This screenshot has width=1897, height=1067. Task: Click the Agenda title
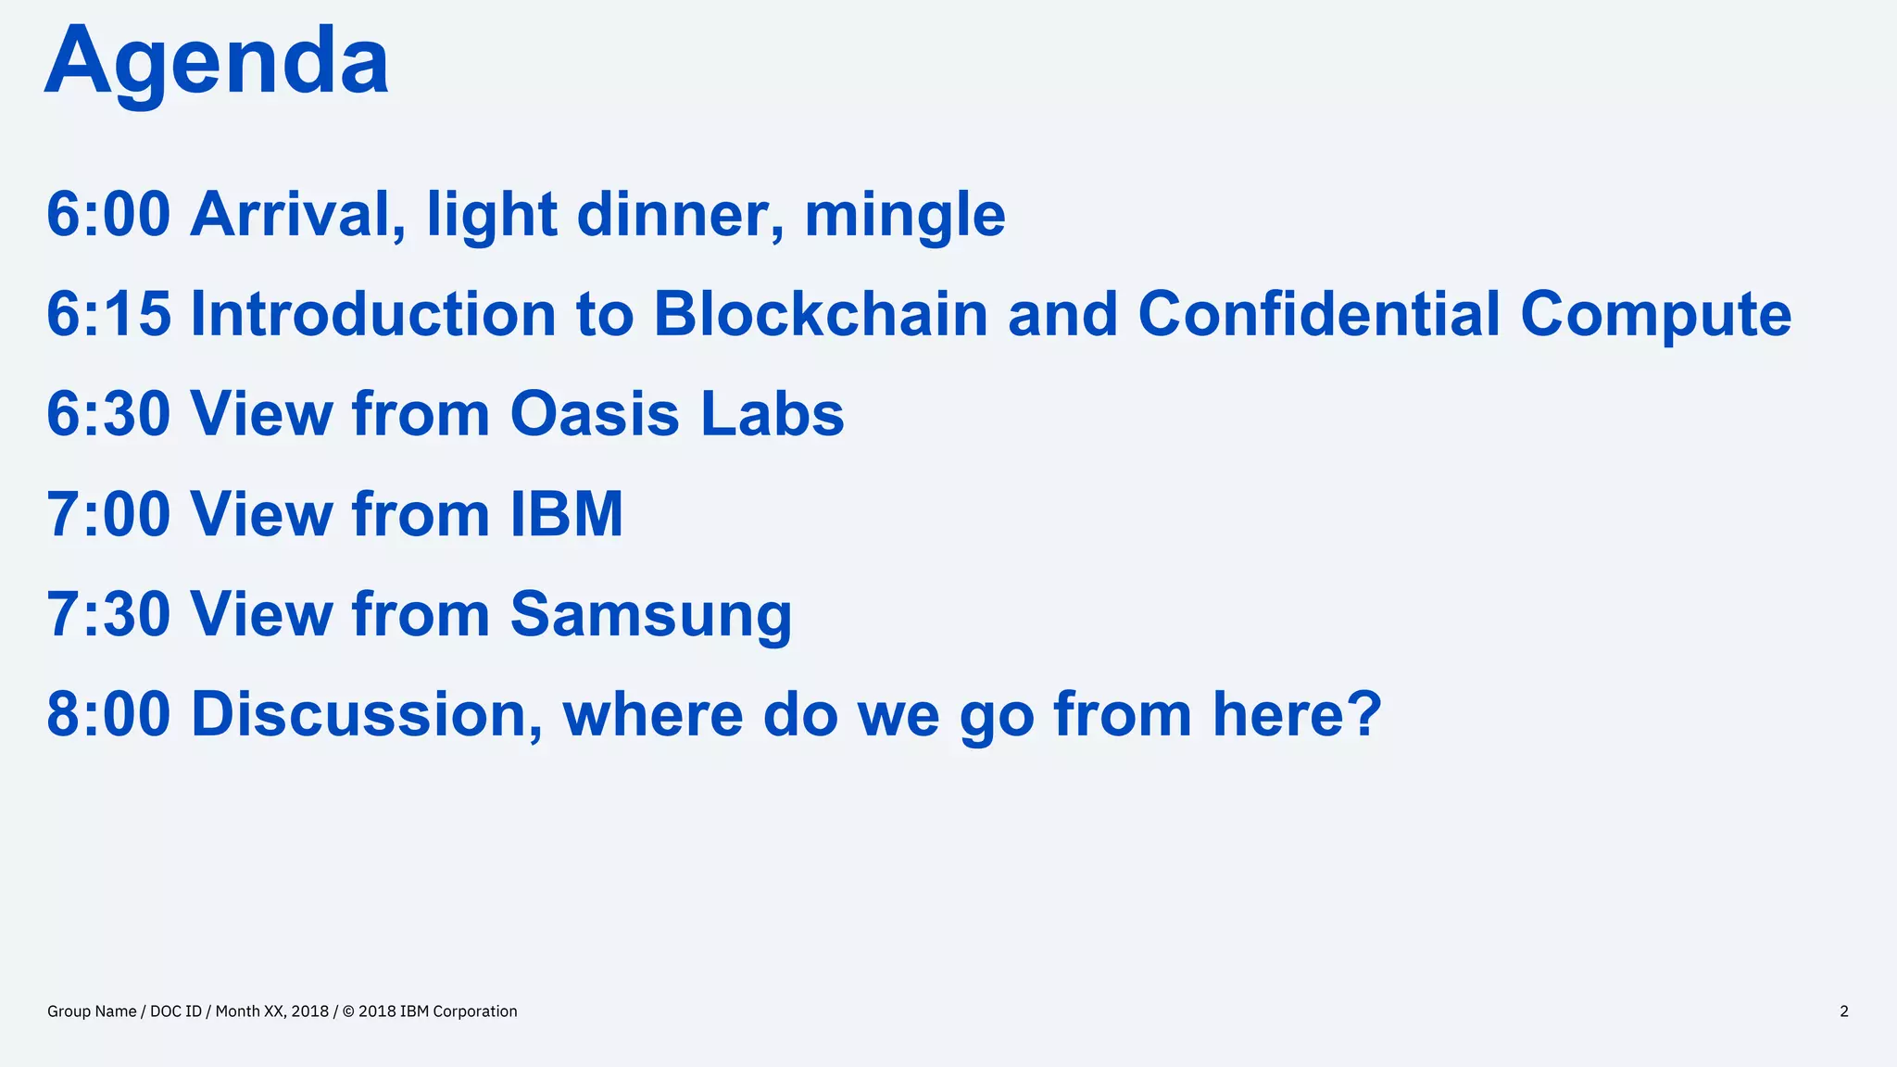pyautogui.click(x=216, y=61)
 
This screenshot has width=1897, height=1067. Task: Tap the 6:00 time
pyautogui.click(x=108, y=215)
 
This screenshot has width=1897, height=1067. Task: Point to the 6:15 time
pyautogui.click(x=108, y=314)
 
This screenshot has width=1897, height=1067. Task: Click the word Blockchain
pyautogui.click(x=820, y=314)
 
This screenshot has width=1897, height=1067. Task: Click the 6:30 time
pyautogui.click(x=108, y=414)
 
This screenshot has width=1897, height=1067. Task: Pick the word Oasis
pyautogui.click(x=595, y=414)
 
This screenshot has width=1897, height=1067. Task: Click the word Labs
pyautogui.click(x=772, y=414)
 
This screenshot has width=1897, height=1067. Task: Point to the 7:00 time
pyautogui.click(x=108, y=514)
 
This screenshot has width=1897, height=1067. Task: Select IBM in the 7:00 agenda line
pyautogui.click(x=567, y=514)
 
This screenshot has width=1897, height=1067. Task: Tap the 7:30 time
pyautogui.click(x=108, y=614)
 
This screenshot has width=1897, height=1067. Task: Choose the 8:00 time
pyautogui.click(x=108, y=714)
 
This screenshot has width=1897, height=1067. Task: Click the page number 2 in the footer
pyautogui.click(x=1843, y=1011)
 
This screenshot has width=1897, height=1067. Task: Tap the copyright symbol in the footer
pyautogui.click(x=348, y=1011)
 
